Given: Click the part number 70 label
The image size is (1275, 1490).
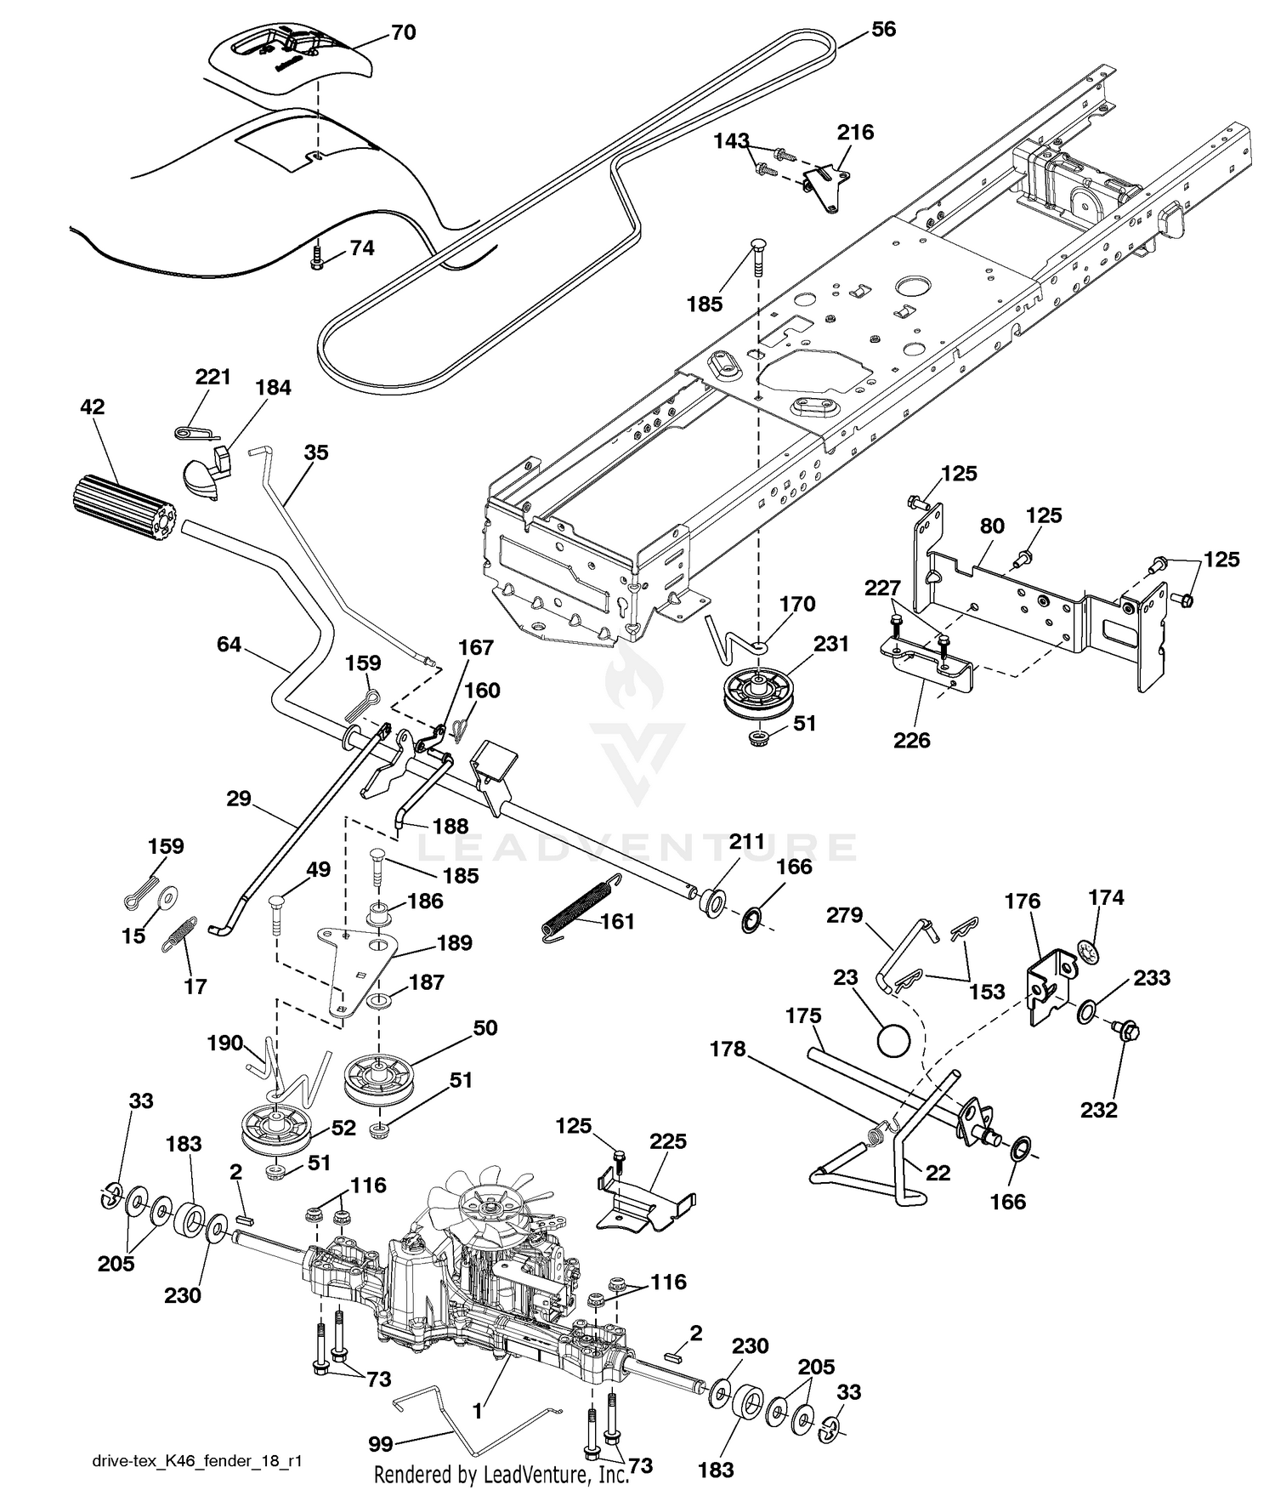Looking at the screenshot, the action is pos(403,33).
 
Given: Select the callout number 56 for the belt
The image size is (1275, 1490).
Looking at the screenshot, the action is pos(883,30).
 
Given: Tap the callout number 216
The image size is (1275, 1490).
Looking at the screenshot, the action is pos(855,133).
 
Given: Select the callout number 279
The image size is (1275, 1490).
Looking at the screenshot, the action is pos(843,916).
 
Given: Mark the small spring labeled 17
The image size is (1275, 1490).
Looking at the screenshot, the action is pos(179,935).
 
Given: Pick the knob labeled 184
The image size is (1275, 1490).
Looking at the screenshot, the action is pos(207,472).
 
